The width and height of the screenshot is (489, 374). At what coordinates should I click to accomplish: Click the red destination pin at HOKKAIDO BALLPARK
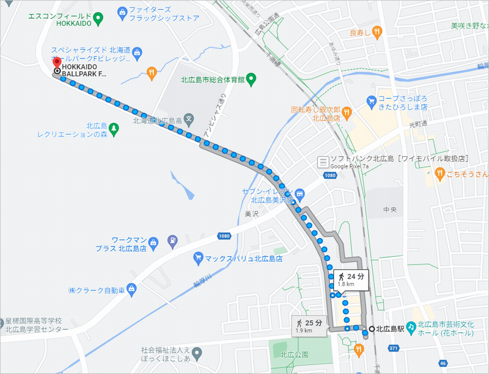(57, 63)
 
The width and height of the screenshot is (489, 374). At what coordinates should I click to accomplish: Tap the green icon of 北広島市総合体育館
(251, 79)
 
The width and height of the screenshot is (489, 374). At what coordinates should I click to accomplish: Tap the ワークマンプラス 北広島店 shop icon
(173, 240)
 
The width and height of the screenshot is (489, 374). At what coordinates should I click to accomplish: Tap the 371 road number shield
(394, 348)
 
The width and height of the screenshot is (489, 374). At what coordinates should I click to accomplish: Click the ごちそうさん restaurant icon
(439, 174)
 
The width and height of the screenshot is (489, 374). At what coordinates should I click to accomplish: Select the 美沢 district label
(252, 214)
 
